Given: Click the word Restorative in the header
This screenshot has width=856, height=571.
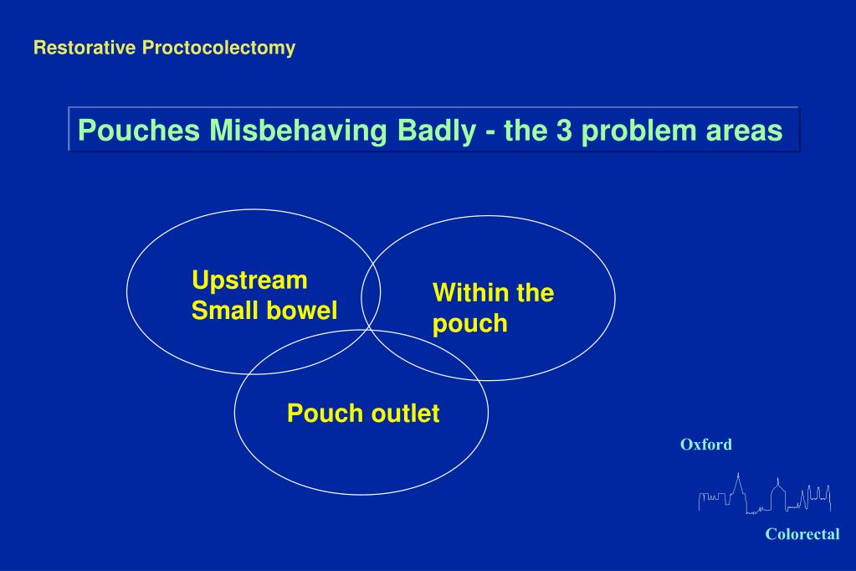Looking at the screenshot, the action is click(x=85, y=48).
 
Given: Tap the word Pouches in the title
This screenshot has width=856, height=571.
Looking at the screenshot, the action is click(x=139, y=131).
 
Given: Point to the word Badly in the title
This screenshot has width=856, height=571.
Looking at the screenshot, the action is click(x=437, y=131).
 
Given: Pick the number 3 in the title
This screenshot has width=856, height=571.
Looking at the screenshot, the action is click(x=565, y=131).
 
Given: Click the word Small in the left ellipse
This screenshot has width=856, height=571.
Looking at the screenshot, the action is click(x=224, y=311).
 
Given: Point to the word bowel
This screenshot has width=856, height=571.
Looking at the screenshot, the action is click(x=302, y=311).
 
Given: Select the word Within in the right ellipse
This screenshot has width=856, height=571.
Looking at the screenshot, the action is click(x=471, y=293).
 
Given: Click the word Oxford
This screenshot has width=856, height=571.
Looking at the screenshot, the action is click(x=706, y=445).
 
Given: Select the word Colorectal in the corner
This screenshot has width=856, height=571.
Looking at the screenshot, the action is click(x=802, y=534).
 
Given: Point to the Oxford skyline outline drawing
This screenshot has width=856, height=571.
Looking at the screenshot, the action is click(x=765, y=494).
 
